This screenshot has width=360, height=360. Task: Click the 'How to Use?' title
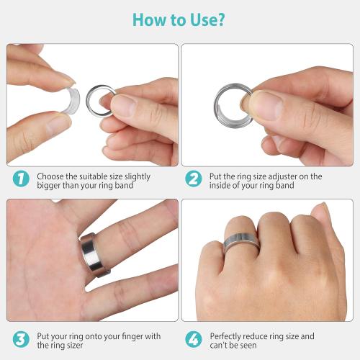click(180, 19)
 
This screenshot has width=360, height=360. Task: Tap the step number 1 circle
click(22, 180)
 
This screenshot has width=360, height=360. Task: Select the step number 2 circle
click(194, 180)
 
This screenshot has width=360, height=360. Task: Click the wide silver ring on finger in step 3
click(91, 253)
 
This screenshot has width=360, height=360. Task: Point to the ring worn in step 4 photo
click(242, 245)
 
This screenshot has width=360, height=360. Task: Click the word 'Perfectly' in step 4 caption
click(228, 336)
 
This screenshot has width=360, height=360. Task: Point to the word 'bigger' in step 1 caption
click(50, 186)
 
